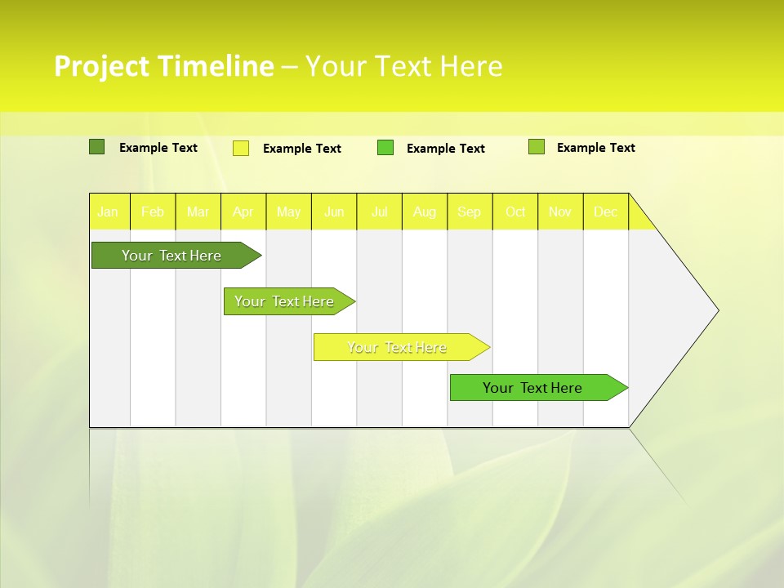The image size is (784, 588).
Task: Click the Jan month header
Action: pyautogui.click(x=108, y=212)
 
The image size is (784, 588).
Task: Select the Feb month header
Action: pyautogui.click(x=153, y=212)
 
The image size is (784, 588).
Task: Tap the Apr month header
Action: pyautogui.click(x=243, y=212)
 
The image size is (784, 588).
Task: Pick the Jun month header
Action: pyautogui.click(x=334, y=212)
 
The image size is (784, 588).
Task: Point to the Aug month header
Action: pyautogui.click(x=425, y=212)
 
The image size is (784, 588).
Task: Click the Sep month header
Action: pyautogui.click(x=470, y=212)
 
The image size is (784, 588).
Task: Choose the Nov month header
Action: pyautogui.click(x=560, y=212)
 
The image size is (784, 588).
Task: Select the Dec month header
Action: pyautogui.click(x=605, y=212)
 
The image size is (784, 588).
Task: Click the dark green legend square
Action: pyautogui.click(x=96, y=147)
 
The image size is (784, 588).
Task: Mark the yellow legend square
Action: pyautogui.click(x=241, y=148)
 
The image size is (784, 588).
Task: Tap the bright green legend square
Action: pyautogui.click(x=385, y=148)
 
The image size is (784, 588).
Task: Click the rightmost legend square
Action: pyautogui.click(x=536, y=147)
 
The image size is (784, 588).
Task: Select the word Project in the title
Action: pyautogui.click(x=102, y=66)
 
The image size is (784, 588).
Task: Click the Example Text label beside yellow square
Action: pyautogui.click(x=301, y=149)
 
